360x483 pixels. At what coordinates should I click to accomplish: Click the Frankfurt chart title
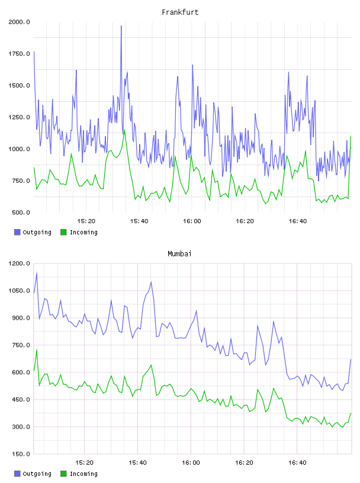(x=180, y=12)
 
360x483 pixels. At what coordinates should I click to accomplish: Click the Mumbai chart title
(x=179, y=254)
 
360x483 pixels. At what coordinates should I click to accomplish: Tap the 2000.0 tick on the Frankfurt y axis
(x=19, y=22)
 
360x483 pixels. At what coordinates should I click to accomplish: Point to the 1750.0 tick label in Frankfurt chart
(x=19, y=54)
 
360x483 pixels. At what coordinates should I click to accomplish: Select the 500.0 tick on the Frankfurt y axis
(x=21, y=212)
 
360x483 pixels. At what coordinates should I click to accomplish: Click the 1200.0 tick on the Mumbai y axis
(x=19, y=263)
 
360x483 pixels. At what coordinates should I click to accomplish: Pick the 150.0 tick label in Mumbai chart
(x=21, y=454)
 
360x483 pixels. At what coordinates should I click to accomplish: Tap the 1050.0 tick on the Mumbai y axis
(x=19, y=291)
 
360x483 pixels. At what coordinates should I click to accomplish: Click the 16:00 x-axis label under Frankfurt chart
(x=192, y=221)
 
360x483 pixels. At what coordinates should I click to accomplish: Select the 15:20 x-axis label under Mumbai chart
(x=84, y=463)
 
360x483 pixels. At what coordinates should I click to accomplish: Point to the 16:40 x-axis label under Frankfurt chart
(x=298, y=221)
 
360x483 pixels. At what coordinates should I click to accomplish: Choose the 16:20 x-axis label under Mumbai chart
(x=244, y=463)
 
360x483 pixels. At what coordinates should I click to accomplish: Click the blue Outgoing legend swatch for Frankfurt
(x=17, y=232)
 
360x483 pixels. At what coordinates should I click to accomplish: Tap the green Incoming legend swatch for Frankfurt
(x=63, y=232)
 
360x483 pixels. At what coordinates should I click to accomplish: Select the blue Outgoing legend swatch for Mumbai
(x=17, y=474)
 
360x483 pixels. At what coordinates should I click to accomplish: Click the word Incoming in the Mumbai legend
(x=83, y=474)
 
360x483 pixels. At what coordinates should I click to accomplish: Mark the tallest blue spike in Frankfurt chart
(x=121, y=26)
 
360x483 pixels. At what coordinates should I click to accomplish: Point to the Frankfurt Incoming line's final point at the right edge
(x=351, y=137)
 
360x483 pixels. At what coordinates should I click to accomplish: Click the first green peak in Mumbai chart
(x=37, y=350)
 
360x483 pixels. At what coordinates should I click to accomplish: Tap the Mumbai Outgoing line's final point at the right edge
(x=351, y=359)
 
